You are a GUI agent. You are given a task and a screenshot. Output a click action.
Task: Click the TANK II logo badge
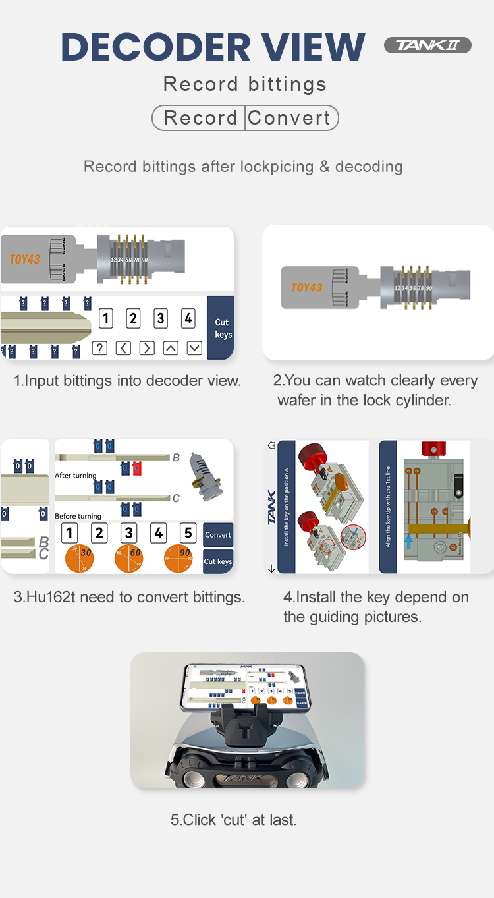tap(427, 45)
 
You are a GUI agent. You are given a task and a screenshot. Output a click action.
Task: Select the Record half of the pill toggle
tap(200, 118)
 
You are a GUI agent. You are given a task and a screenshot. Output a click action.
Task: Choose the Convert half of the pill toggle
tap(290, 118)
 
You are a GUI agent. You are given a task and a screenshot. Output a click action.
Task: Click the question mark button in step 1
tap(99, 348)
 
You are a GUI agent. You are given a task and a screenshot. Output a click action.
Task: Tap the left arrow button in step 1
tap(123, 348)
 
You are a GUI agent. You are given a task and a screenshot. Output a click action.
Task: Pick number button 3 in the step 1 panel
tap(161, 319)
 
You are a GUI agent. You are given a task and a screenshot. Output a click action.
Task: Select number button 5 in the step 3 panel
tap(188, 532)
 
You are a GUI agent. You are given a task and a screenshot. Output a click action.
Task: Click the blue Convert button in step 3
tap(217, 534)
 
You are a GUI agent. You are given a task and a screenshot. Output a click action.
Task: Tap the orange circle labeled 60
tap(128, 559)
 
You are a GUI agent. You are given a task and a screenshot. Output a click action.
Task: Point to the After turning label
tap(75, 475)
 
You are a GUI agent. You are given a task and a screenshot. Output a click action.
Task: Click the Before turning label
tap(78, 516)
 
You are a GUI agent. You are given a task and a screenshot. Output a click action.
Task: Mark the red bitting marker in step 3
tap(137, 468)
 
